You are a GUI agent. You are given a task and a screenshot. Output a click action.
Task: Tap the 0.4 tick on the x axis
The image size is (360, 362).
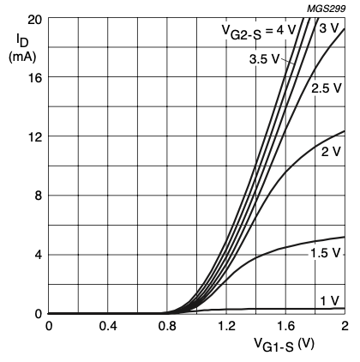pyautogui.click(x=108, y=327)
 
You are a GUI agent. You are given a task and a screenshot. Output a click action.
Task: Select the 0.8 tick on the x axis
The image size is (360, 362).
pyautogui.click(x=167, y=327)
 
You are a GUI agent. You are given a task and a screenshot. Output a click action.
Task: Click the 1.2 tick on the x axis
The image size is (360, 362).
pyautogui.click(x=226, y=327)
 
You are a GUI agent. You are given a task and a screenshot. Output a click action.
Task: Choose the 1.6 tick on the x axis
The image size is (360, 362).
pyautogui.click(x=285, y=327)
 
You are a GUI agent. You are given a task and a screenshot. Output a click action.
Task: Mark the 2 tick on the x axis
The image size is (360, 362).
pyautogui.click(x=344, y=327)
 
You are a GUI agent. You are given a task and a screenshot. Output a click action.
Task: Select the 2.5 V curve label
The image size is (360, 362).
pyautogui.click(x=327, y=88)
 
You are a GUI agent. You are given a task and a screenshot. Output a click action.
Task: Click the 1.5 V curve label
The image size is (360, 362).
pyautogui.click(x=327, y=254)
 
